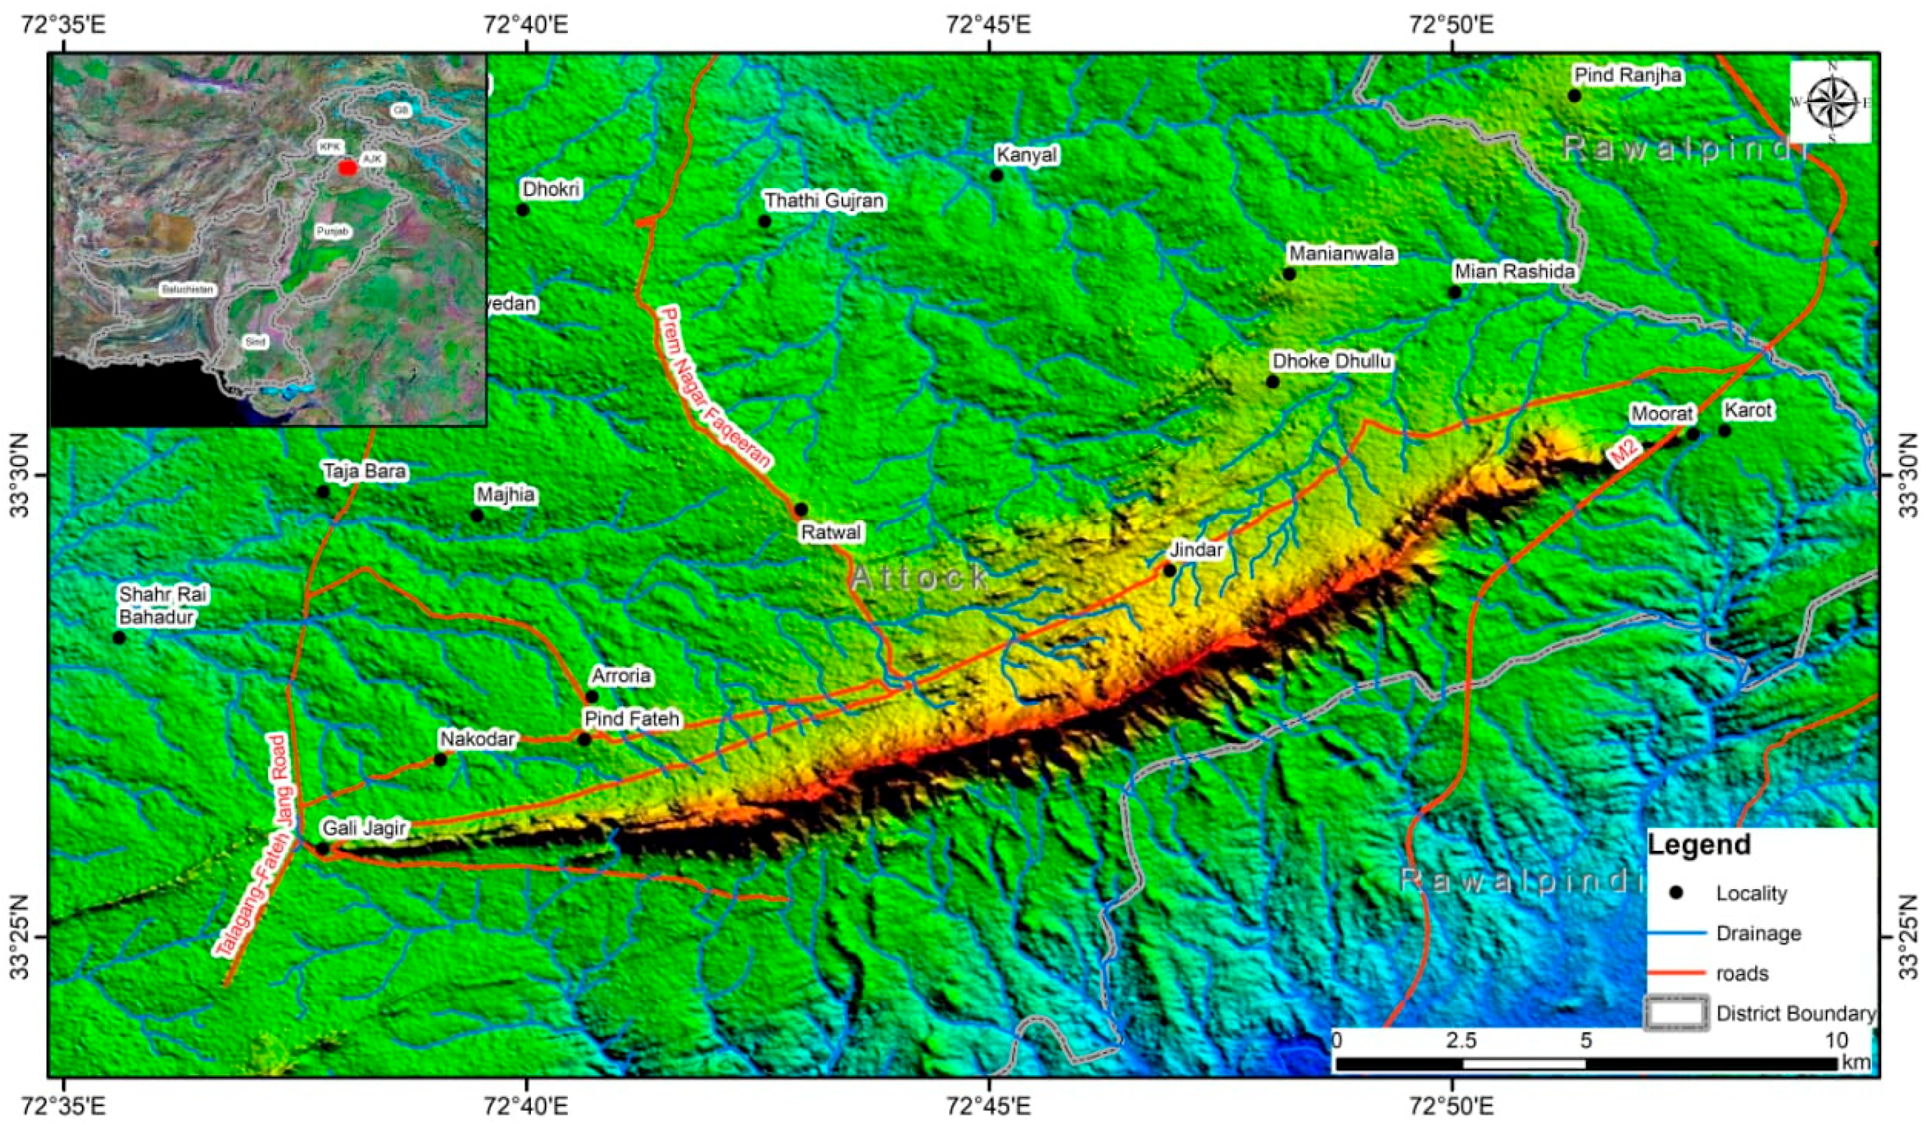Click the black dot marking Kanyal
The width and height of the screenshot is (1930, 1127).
click(x=996, y=175)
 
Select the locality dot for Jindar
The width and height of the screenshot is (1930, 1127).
click(x=1170, y=570)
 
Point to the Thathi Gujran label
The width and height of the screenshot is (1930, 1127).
click(x=824, y=201)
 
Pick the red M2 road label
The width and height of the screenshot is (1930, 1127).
click(x=1623, y=457)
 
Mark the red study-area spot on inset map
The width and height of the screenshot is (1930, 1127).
click(x=348, y=167)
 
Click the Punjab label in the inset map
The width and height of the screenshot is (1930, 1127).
click(x=333, y=231)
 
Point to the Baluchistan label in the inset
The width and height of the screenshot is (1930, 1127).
click(x=187, y=289)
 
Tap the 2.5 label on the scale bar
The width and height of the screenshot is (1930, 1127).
click(x=1461, y=1041)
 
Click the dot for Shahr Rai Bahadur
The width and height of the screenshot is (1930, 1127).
click(x=119, y=638)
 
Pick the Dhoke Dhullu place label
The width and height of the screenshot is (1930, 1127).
click(x=1331, y=361)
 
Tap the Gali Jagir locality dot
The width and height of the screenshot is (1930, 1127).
click(x=323, y=848)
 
